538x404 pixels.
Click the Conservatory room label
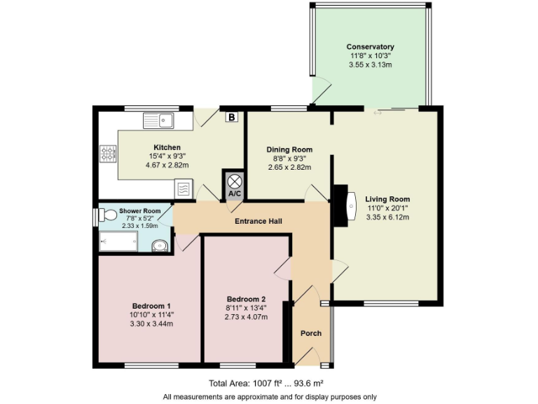click(x=370, y=47)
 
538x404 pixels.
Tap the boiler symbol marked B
click(x=231, y=117)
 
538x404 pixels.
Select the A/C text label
click(x=233, y=193)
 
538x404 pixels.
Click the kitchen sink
click(x=158, y=121)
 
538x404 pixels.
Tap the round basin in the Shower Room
click(x=160, y=245)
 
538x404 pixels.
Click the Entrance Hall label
click(x=258, y=222)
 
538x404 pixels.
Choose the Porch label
click(x=310, y=333)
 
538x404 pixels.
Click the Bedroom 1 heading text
click(x=152, y=306)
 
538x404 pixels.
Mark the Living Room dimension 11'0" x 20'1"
click(x=387, y=208)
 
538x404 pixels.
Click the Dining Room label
click(x=289, y=149)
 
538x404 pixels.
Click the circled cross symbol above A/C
click(x=233, y=179)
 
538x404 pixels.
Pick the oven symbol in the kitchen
click(x=184, y=189)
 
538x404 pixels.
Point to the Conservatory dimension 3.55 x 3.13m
click(x=370, y=65)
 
